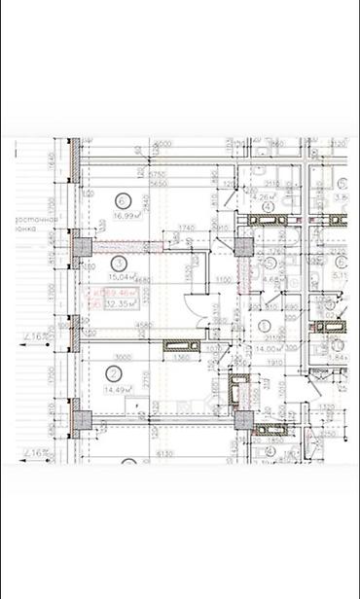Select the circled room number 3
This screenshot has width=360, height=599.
point(118,263)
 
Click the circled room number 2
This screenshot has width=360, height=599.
point(114,372)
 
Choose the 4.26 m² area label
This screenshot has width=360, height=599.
point(264,196)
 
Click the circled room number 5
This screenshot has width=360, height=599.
point(271,264)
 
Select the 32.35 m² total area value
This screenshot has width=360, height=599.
point(121,304)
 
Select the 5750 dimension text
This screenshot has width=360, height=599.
point(154,173)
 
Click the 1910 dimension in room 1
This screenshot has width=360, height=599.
point(273,363)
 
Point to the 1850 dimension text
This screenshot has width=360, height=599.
point(275,440)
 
